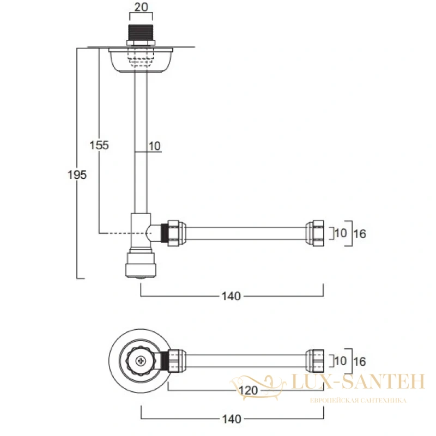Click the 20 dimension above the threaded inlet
click(x=141, y=7)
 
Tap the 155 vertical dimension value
click(x=99, y=145)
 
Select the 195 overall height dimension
click(x=77, y=175)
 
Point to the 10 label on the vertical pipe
click(x=155, y=146)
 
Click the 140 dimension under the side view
click(x=231, y=296)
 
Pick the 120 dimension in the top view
click(x=249, y=391)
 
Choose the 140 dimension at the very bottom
click(x=232, y=419)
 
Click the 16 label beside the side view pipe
click(x=360, y=234)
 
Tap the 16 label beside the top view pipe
click(x=360, y=362)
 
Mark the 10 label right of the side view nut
click(x=341, y=233)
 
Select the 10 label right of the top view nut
click(x=341, y=361)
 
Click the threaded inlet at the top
click(x=141, y=33)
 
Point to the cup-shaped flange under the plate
click(x=141, y=60)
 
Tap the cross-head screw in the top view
click(x=141, y=361)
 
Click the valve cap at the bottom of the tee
click(x=141, y=265)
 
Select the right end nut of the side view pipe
click(x=315, y=233)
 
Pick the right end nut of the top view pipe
click(x=315, y=361)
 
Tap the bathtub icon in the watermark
click(x=258, y=387)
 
